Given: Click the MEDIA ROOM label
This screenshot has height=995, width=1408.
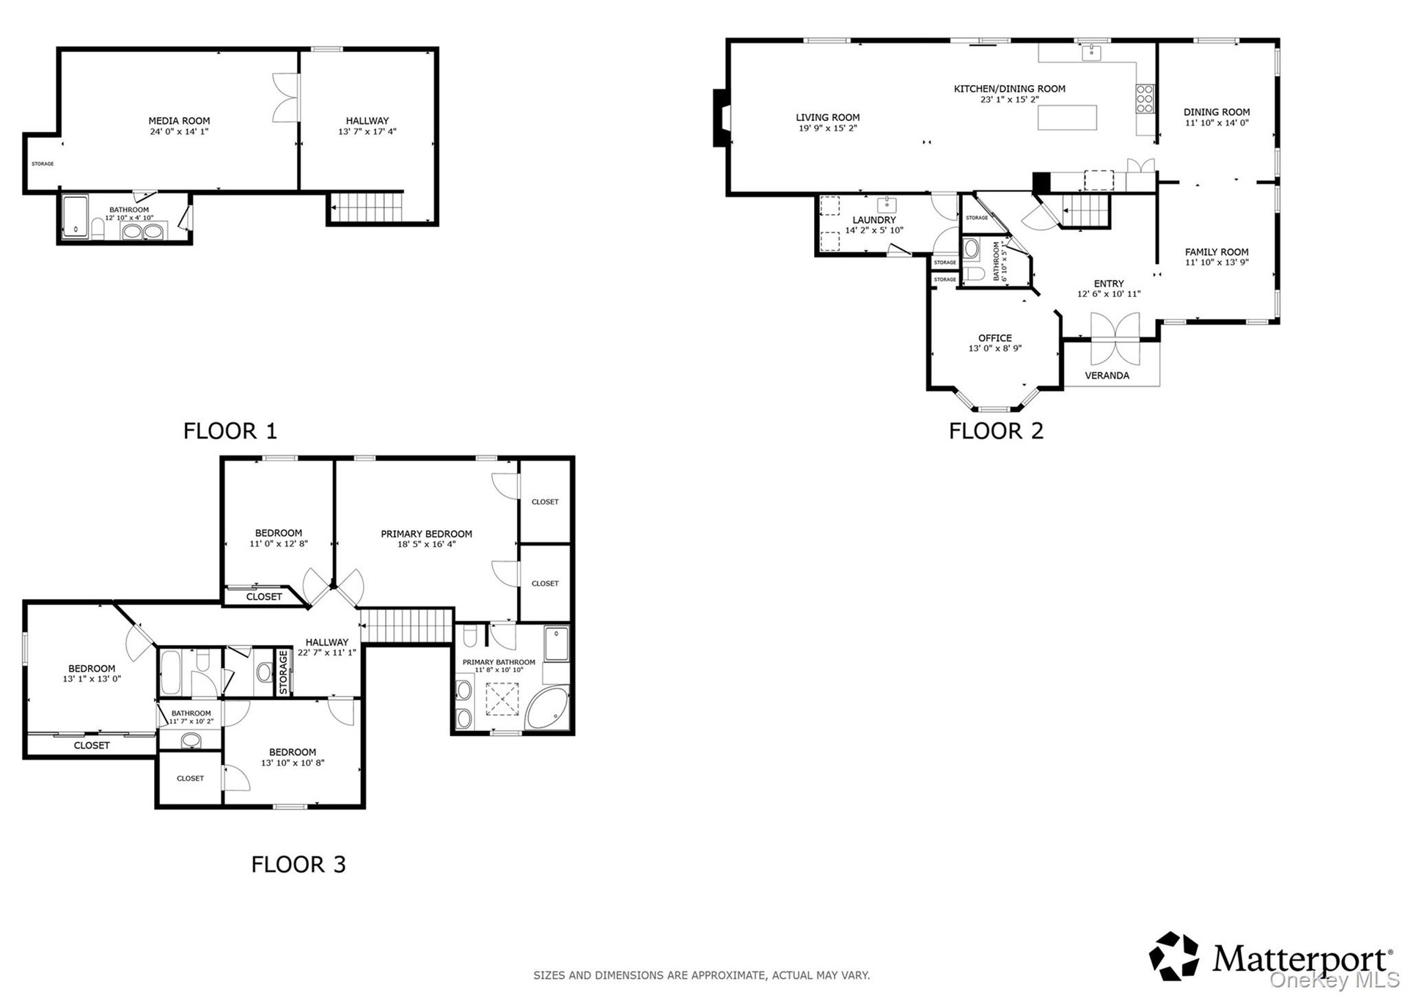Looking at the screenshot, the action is [x=179, y=121].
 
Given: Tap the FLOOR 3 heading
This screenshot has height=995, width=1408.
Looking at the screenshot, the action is [x=298, y=864].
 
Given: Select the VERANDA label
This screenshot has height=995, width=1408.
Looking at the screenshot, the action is [x=1107, y=375].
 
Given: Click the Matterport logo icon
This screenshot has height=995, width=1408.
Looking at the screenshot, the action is [x=1173, y=955].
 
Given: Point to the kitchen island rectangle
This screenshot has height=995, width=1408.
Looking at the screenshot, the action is [x=1068, y=117].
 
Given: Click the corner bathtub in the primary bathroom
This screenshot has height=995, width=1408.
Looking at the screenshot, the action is [x=548, y=708].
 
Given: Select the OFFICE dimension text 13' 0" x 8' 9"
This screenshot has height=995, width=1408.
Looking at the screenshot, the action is [x=995, y=348].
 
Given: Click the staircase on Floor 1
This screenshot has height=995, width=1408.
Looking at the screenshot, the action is [x=367, y=207].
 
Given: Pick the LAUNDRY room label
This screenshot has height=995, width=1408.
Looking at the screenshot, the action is [x=874, y=220].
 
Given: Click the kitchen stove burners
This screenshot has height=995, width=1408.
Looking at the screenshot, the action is [x=1145, y=99].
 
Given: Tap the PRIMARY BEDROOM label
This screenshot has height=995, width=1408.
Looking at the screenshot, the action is [x=426, y=534].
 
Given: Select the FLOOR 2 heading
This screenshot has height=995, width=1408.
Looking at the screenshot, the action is [x=996, y=430].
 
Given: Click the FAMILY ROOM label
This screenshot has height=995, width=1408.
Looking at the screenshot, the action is [x=1217, y=252].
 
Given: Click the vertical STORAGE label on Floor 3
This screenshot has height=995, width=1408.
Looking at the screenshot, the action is [x=283, y=672].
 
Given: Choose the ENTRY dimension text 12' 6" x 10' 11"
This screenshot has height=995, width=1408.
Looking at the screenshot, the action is [x=1109, y=294].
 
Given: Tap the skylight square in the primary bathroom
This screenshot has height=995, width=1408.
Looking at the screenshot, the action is [x=502, y=699].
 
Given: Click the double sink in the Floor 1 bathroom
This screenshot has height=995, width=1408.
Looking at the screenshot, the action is [x=142, y=232].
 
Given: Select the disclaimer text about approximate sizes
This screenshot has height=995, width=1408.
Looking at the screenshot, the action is [x=702, y=975].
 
